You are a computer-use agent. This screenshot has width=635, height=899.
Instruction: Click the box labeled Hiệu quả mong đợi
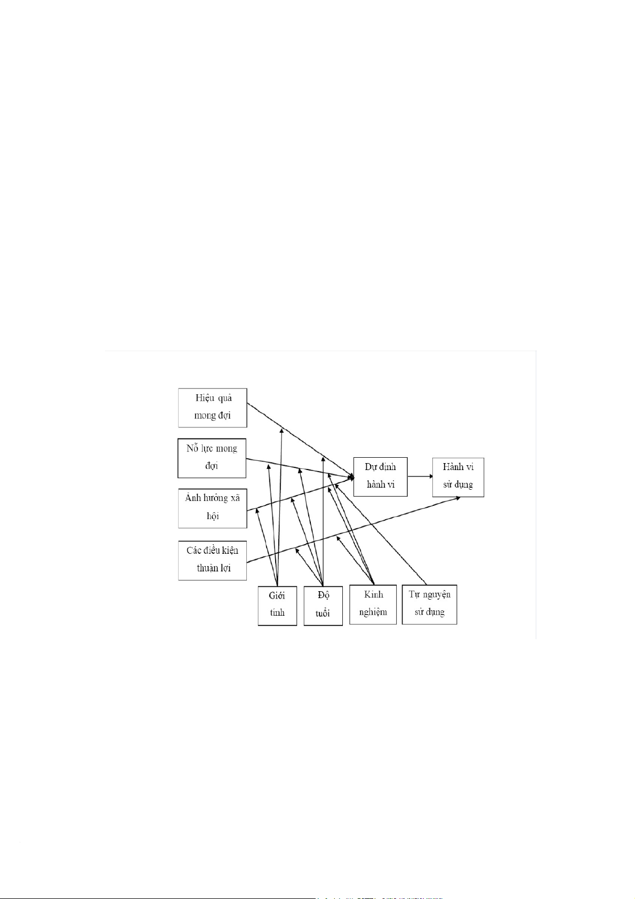point(212,408)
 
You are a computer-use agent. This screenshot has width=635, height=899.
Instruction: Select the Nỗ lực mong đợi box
point(212,458)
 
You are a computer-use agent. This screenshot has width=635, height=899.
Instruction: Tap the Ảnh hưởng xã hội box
point(212,508)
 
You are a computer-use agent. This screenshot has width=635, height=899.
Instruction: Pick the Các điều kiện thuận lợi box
point(212,560)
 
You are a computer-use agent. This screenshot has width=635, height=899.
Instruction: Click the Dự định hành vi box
point(380,476)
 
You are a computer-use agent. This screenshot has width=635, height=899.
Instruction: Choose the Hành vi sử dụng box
point(458,477)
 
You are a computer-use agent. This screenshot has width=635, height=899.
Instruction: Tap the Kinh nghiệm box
point(373,604)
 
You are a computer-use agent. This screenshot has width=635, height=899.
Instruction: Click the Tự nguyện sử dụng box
point(429,604)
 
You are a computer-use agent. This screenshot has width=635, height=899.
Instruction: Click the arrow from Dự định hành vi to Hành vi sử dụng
point(420,476)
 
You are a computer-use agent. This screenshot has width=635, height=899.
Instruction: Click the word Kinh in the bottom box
point(373,594)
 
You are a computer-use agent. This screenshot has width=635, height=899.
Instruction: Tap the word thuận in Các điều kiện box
point(206,568)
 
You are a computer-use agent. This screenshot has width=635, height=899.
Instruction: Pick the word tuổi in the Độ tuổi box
point(323,614)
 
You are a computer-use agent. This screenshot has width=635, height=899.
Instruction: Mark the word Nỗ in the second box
point(192,448)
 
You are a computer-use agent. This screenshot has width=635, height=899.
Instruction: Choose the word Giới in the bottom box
point(277,595)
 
